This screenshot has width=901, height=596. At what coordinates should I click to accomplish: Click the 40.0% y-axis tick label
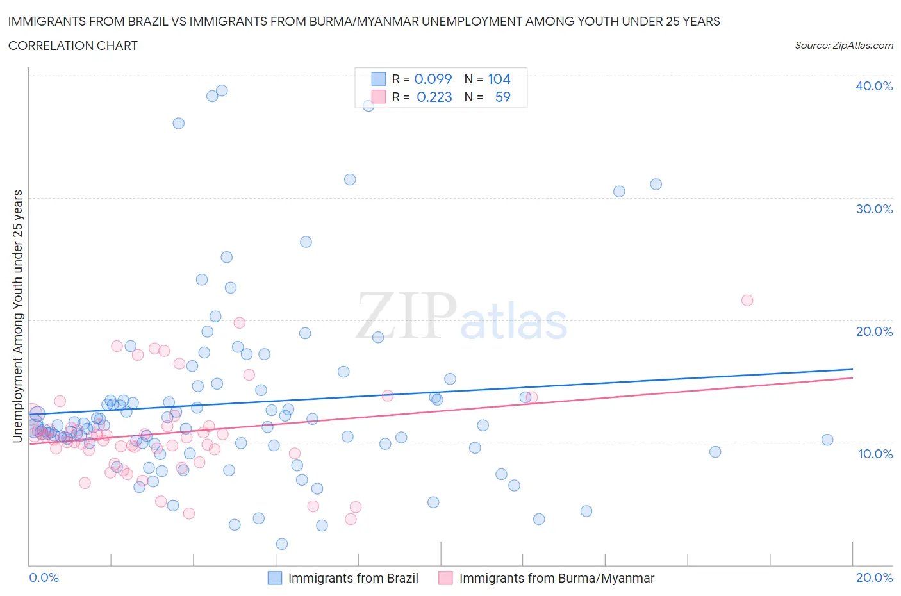873,86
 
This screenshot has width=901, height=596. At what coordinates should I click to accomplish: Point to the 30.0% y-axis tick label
873,209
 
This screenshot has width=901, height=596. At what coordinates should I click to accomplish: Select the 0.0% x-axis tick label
44,577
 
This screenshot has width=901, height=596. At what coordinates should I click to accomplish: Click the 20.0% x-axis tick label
874,577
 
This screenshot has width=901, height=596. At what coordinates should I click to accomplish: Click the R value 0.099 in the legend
433,79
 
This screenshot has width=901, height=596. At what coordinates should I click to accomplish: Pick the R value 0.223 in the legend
434,97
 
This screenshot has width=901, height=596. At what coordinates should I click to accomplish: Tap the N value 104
499,79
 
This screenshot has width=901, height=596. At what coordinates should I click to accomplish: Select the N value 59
503,97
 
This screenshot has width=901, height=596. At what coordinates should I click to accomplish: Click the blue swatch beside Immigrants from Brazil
274,578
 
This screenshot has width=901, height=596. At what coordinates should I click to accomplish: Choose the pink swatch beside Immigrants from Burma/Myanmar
445,578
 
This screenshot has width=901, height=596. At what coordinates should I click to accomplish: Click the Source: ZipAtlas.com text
843,46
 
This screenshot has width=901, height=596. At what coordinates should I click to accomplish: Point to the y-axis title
17,317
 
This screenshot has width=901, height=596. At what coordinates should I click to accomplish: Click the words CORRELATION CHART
73,46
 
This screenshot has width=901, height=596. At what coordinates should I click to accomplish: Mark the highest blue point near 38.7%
222,90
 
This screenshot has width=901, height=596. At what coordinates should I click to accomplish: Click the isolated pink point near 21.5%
747,301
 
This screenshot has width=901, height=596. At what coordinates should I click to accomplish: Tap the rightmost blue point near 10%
827,440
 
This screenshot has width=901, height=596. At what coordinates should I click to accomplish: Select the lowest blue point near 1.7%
282,544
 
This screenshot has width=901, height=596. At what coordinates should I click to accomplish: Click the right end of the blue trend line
852,369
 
